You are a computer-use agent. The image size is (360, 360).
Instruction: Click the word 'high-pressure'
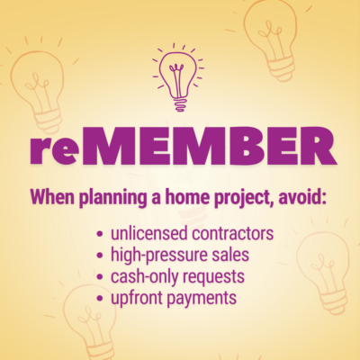pyautogui.click(x=158, y=256)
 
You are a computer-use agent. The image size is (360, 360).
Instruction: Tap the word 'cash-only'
pyautogui.click(x=143, y=275)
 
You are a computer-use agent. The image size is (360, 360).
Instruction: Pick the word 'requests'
pyautogui.click(x=213, y=276)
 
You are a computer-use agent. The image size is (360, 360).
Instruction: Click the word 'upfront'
pyautogui.click(x=135, y=296)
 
